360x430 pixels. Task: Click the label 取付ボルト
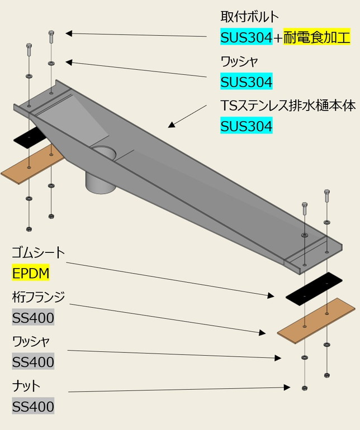tap(249, 17)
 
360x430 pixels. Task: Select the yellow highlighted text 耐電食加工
tap(317, 38)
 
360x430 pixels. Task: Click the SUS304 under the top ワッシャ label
tap(247, 83)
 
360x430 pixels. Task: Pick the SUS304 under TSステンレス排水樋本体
tap(247, 126)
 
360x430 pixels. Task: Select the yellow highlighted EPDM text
tap(31, 274)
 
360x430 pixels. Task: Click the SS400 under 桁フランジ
tap(33, 318)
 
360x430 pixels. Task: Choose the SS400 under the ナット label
tap(33, 407)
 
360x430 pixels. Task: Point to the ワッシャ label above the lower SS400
tap(31, 341)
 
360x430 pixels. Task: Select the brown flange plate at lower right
tap(316, 319)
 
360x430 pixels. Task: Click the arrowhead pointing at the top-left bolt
tap(69, 34)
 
